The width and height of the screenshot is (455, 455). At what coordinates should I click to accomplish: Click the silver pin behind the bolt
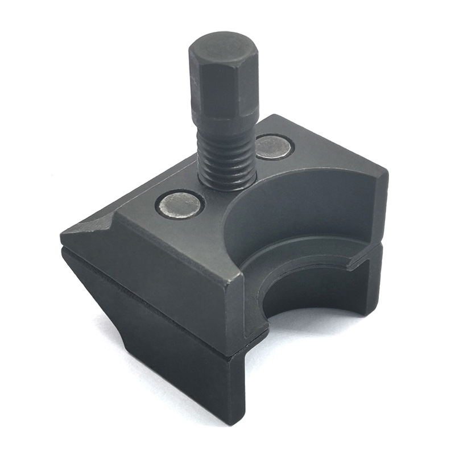pos(274,147)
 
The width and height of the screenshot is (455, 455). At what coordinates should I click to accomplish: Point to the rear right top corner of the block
pos(387,170)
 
